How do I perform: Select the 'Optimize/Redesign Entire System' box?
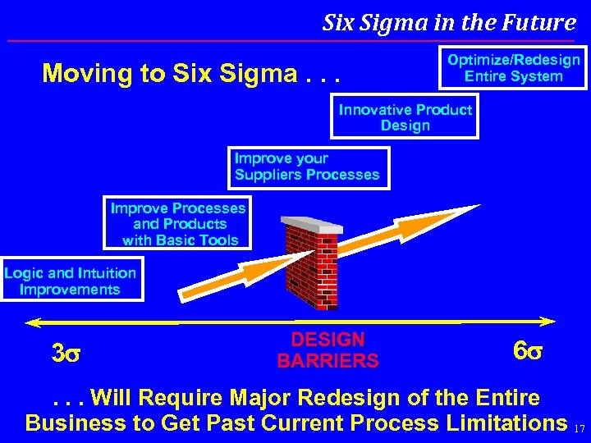(514, 68)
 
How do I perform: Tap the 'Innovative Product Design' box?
(405, 117)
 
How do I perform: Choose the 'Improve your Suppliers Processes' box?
(307, 167)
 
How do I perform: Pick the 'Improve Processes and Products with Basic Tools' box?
(178, 224)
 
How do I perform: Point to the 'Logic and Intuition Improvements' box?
(71, 281)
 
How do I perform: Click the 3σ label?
(66, 354)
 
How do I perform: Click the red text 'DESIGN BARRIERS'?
(328, 350)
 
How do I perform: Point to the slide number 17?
(580, 428)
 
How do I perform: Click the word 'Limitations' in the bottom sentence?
(503, 422)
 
